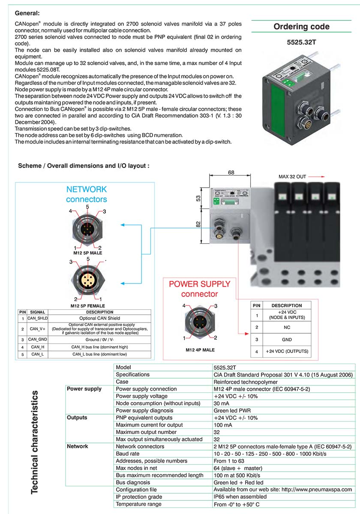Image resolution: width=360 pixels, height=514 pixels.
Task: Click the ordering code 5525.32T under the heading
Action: coord(301,42)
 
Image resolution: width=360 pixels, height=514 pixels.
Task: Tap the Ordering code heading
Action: coord(301,27)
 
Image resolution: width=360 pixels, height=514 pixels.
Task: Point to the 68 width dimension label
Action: coord(231,172)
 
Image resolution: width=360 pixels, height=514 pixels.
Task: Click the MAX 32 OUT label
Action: coord(292,176)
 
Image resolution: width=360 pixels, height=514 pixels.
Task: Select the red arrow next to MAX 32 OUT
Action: coord(317,176)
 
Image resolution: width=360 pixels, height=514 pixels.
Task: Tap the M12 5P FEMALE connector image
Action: coord(88,281)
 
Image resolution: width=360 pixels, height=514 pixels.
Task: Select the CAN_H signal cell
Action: coord(37,347)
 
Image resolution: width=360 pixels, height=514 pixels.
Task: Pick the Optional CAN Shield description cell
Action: coord(99,318)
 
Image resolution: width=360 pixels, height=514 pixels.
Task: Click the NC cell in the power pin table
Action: coord(287,327)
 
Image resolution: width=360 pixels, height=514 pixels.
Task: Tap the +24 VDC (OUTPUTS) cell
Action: coord(287,351)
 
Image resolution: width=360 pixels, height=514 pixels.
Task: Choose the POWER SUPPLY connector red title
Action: coord(200,289)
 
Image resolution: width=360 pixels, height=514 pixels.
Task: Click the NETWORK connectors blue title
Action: coord(87,194)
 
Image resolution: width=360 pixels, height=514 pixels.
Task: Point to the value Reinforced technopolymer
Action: coord(246,382)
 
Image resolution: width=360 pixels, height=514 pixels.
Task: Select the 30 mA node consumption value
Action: coord(221,403)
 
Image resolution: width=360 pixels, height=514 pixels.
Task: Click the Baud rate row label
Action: coord(127,454)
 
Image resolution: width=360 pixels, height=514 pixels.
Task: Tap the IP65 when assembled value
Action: coord(240,496)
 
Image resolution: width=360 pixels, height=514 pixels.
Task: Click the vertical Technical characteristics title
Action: coord(34,442)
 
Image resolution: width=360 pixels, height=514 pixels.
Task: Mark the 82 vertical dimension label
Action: coord(198,224)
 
